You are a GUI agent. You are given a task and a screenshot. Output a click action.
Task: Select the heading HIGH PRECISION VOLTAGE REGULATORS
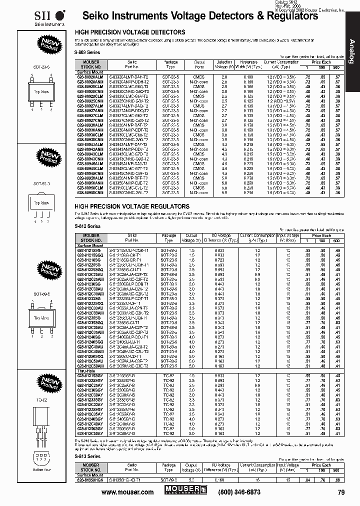click(x=132, y=206)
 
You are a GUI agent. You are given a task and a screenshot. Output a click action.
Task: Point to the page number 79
click(x=341, y=492)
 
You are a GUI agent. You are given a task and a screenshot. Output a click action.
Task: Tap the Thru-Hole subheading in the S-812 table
click(x=84, y=370)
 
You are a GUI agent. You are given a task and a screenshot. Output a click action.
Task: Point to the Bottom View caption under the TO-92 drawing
click(x=41, y=470)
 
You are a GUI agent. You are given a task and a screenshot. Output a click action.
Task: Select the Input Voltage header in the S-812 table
click(x=288, y=237)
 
